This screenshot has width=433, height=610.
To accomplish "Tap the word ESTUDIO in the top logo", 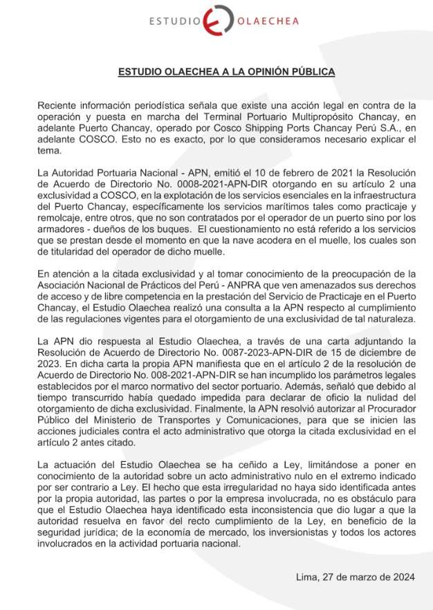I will pos(174,21).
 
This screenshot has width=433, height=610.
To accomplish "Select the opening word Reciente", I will pos(58,106).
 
